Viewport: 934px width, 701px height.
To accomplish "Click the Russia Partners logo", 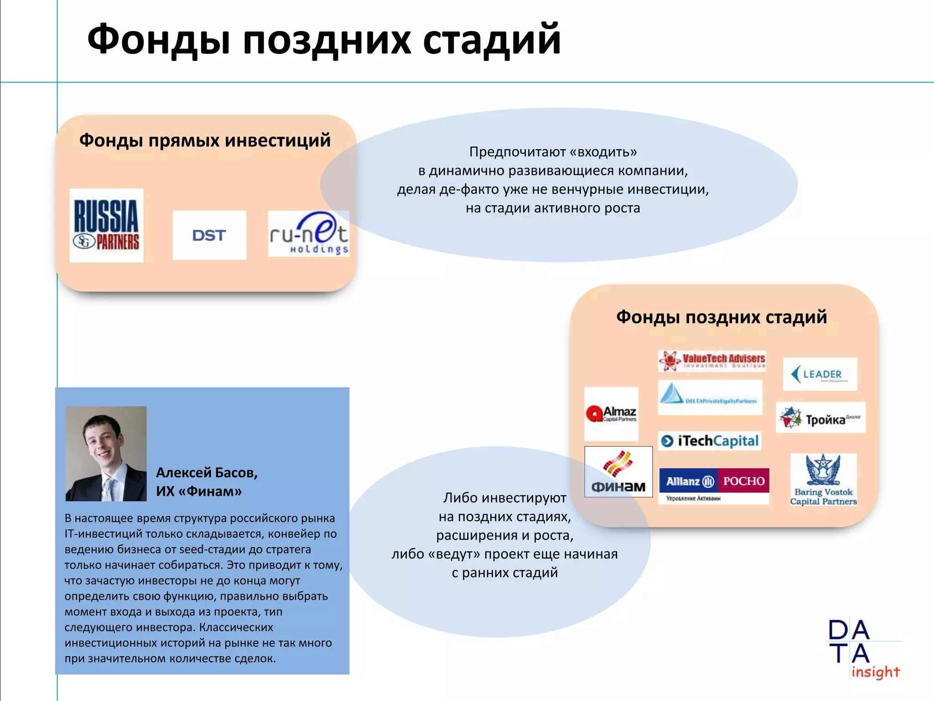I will [106, 225].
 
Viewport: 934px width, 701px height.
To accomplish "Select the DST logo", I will [209, 235].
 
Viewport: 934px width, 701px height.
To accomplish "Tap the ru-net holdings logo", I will [309, 234].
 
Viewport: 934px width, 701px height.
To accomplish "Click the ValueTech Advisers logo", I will [712, 361].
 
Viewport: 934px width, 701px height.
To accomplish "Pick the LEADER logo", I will [820, 374].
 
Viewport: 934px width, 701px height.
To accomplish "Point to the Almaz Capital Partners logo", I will [612, 414].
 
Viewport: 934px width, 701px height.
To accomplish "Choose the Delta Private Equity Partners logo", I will [710, 397].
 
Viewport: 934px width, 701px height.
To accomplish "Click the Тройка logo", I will [820, 418].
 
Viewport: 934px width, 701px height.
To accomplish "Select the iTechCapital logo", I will [710, 441].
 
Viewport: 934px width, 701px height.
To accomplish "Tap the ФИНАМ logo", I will [618, 472].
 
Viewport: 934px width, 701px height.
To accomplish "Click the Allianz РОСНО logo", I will [714, 486].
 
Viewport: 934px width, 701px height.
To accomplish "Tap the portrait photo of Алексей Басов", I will [106, 454].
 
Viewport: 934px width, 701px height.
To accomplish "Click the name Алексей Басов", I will [207, 472].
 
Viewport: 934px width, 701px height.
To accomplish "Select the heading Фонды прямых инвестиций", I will [205, 140].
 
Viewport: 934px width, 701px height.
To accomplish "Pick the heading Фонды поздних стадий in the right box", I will [721, 317].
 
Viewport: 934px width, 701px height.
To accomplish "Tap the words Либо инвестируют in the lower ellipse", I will [505, 497].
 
